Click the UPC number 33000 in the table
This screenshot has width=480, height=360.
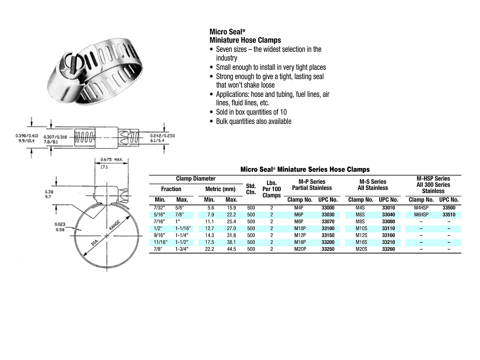click(x=328, y=208)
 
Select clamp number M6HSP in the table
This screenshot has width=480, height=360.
click(x=421, y=215)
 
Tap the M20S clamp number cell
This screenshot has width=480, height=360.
click(x=361, y=249)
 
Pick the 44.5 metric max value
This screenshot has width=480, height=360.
click(x=231, y=249)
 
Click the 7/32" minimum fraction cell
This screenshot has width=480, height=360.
click(x=159, y=208)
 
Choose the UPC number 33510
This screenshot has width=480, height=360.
click(x=449, y=215)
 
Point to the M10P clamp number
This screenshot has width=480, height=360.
click(x=300, y=229)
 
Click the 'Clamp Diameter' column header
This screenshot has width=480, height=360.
click(x=196, y=179)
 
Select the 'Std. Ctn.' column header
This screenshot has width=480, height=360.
click(x=251, y=189)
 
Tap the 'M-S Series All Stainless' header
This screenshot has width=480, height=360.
click(x=373, y=185)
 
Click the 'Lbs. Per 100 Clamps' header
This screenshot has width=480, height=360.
click(x=271, y=189)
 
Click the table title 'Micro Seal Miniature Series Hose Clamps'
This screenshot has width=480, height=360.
click(x=305, y=169)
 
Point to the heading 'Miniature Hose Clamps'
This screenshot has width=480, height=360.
click(x=245, y=40)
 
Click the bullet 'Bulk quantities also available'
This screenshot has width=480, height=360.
click(x=253, y=121)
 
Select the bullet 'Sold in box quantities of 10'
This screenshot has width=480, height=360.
click(x=251, y=112)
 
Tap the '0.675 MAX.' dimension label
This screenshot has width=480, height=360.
click(x=112, y=160)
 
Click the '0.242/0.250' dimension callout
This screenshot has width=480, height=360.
click(x=162, y=136)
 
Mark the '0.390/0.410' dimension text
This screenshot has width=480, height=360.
click(x=27, y=136)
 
